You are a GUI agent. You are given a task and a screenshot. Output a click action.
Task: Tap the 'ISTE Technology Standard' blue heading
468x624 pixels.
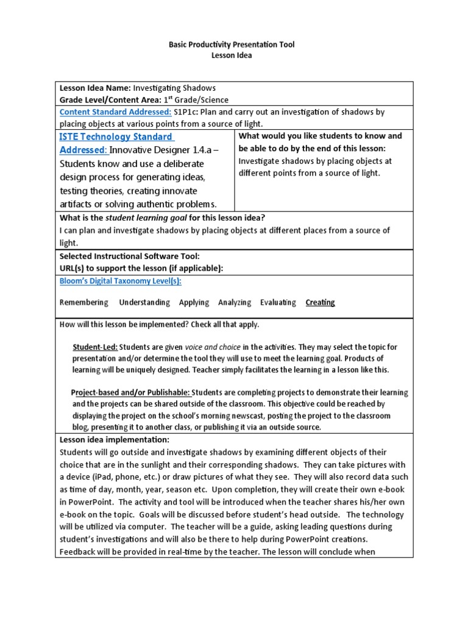point(116,136)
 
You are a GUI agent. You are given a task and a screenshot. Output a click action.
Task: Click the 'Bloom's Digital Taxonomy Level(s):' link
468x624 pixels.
point(120,281)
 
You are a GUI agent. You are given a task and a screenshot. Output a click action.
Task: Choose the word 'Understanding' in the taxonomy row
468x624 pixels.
point(144,302)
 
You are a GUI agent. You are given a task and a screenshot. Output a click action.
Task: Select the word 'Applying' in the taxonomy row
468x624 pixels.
point(194,302)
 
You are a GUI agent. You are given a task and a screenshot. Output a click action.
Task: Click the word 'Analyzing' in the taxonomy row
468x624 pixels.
point(234,302)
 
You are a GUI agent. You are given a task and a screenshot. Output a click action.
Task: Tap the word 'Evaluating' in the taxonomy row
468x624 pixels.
point(278,302)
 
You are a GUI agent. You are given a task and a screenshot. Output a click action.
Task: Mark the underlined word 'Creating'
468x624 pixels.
point(320,302)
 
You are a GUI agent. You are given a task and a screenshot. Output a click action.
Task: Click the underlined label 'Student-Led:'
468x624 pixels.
point(96,347)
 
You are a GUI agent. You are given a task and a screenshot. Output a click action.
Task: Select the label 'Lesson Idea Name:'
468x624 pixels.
point(95,88)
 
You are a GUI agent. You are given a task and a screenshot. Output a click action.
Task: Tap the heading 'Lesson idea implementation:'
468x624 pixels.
point(114,440)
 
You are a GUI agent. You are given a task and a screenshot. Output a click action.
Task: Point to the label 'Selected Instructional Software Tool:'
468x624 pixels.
point(129,256)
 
